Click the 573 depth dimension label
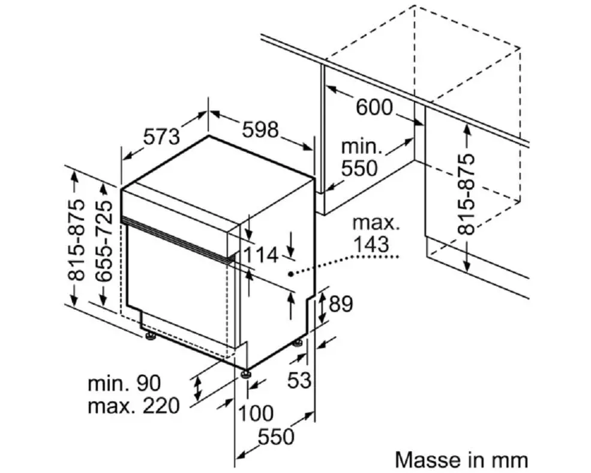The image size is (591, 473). [x=161, y=137]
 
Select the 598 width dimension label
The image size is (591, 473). [x=260, y=129]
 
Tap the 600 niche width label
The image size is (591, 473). [x=374, y=108]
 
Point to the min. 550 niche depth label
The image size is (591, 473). [x=360, y=157]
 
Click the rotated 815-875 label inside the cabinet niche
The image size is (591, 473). [x=466, y=194]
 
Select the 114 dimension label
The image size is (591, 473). [x=260, y=255]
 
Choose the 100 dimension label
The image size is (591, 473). [x=256, y=413]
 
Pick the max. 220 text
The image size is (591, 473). [x=133, y=406]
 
